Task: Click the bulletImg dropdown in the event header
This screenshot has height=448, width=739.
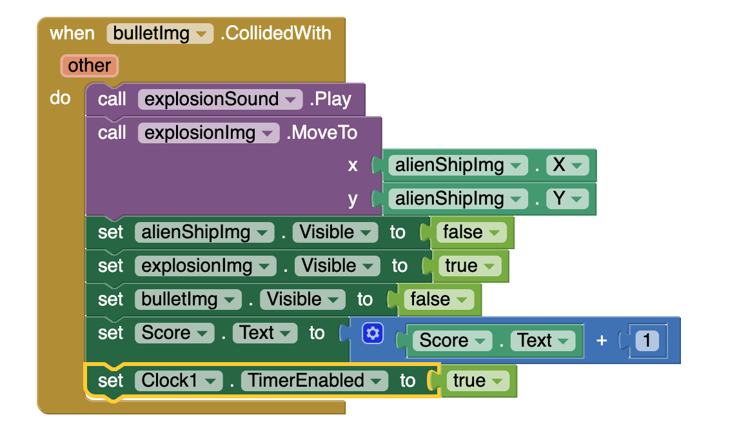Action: (160, 33)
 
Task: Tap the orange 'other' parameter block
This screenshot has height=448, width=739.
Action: (89, 65)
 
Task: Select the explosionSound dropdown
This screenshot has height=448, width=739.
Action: (220, 99)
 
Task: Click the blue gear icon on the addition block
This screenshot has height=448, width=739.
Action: (373, 333)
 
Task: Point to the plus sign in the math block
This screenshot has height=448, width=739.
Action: (602, 340)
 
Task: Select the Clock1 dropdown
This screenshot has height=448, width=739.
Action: (177, 381)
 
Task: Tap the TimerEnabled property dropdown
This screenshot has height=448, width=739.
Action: (314, 381)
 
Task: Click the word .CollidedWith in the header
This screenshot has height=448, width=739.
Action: (275, 33)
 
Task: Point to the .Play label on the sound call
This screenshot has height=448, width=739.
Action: (330, 99)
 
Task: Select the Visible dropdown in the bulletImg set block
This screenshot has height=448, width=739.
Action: (302, 300)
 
